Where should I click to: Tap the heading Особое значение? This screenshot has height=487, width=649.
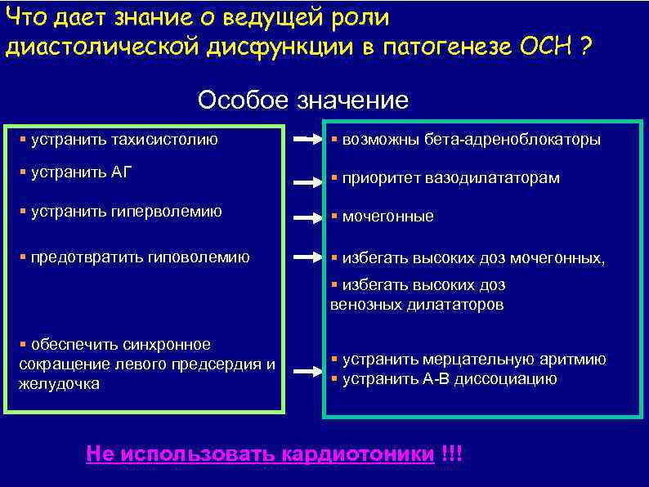coord(302,101)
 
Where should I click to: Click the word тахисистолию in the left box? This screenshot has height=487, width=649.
coord(165,140)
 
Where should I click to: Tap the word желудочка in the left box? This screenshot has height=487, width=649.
coord(59,383)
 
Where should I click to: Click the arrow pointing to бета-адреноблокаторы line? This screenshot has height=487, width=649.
coord(307,140)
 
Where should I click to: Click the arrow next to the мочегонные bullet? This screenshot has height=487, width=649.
coord(307,218)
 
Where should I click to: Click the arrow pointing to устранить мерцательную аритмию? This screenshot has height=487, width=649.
coord(307,372)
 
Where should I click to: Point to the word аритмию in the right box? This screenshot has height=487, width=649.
coord(579,360)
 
